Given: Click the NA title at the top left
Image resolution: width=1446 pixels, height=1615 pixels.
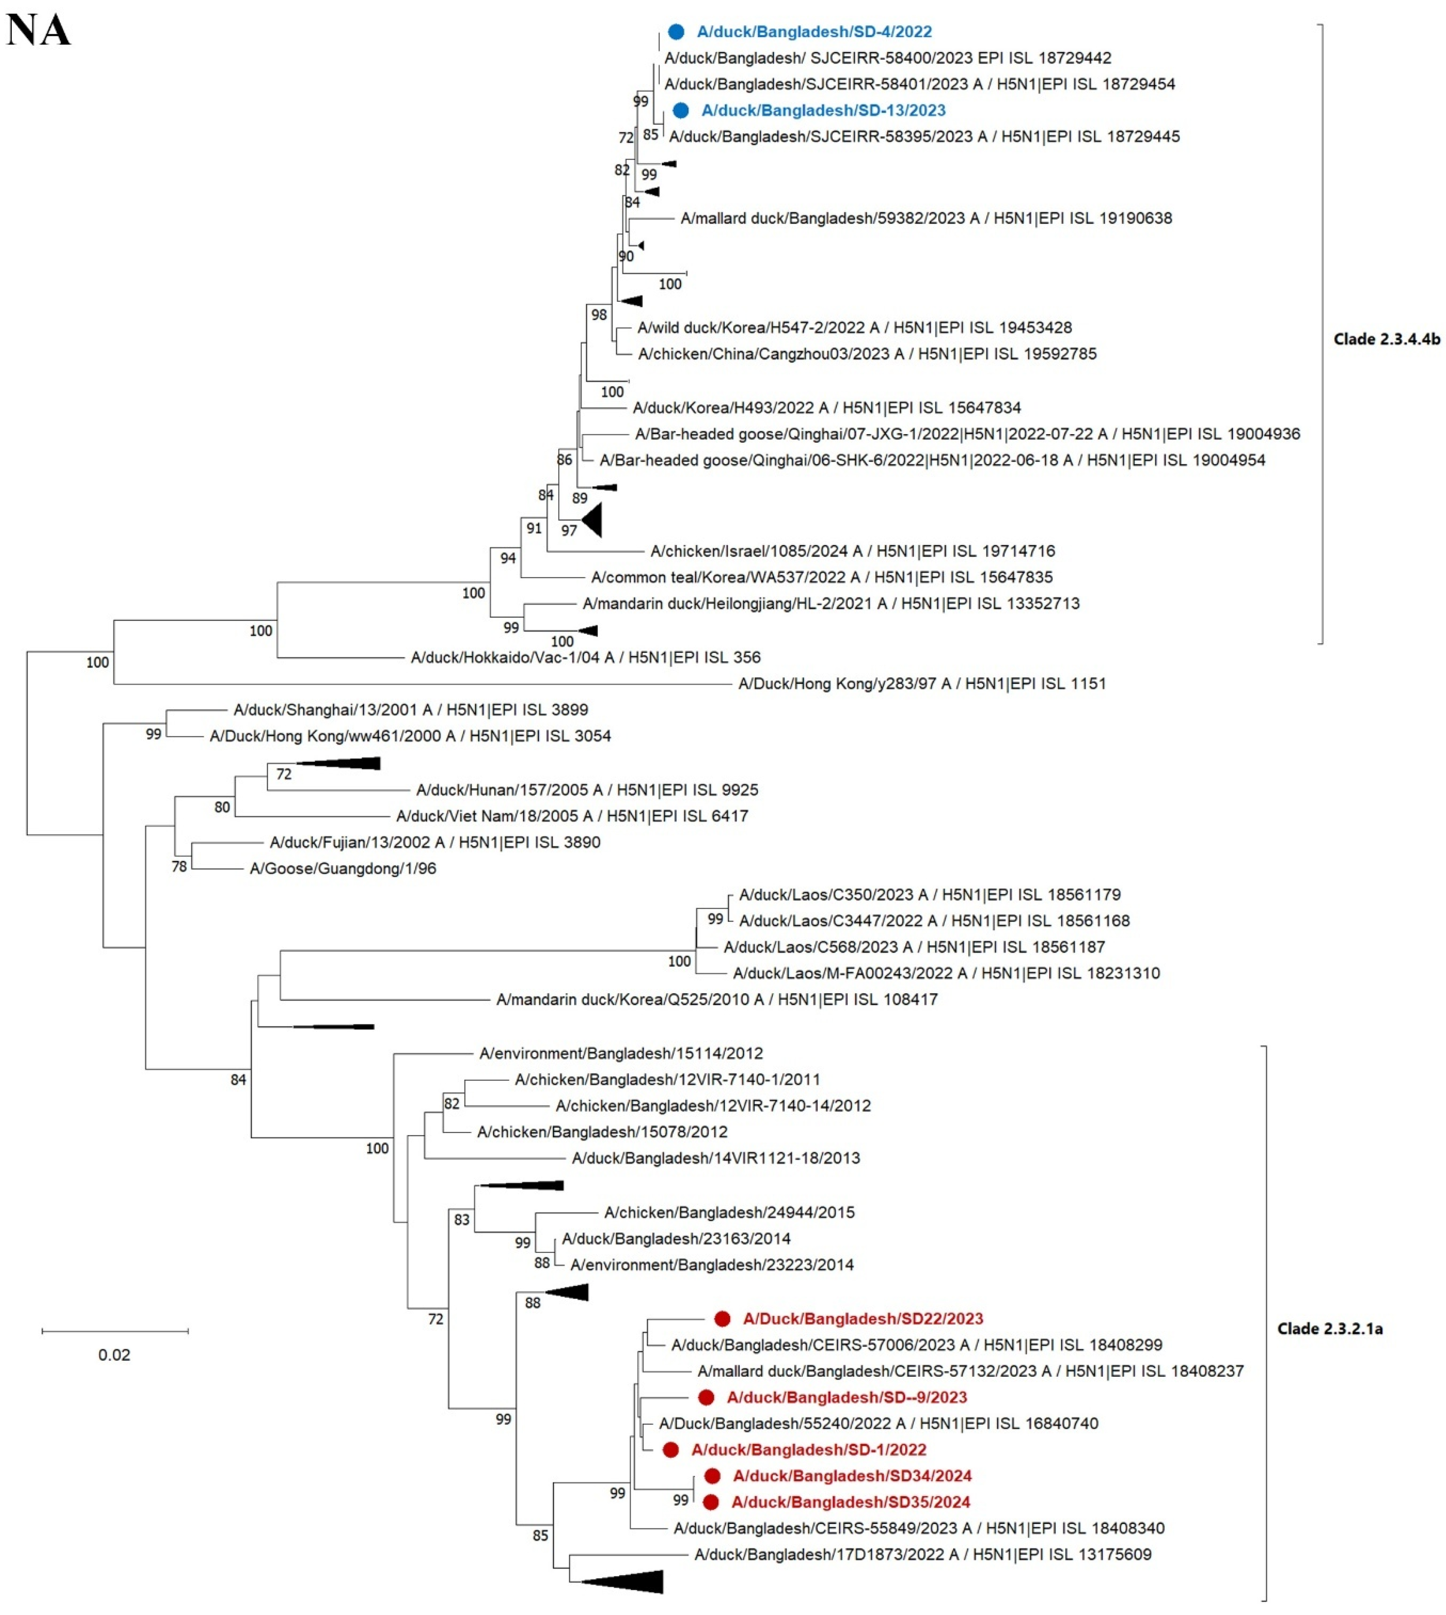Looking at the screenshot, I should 38,31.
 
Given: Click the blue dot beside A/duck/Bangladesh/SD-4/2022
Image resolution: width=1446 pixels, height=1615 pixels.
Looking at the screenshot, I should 676,32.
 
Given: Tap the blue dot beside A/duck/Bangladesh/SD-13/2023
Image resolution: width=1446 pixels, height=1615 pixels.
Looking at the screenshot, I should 681,111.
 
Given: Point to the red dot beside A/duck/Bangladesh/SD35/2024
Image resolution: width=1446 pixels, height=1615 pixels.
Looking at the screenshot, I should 711,1502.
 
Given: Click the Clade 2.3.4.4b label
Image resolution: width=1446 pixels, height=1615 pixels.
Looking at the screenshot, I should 1387,339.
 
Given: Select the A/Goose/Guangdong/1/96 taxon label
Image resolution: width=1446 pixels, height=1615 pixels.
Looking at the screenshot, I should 342,868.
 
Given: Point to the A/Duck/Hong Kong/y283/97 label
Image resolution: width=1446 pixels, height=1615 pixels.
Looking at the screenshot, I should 922,683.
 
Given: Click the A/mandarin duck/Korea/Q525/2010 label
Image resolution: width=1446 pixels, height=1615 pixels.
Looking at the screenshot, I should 717,999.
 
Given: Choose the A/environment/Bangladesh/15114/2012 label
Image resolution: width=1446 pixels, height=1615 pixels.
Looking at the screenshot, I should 621,1054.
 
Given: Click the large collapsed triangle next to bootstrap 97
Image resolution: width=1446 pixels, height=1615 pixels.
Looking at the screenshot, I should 593,520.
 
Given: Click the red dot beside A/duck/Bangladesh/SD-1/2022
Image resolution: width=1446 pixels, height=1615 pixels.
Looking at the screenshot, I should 670,1450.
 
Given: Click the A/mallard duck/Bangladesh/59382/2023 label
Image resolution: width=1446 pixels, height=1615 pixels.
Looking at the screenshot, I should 926,218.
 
